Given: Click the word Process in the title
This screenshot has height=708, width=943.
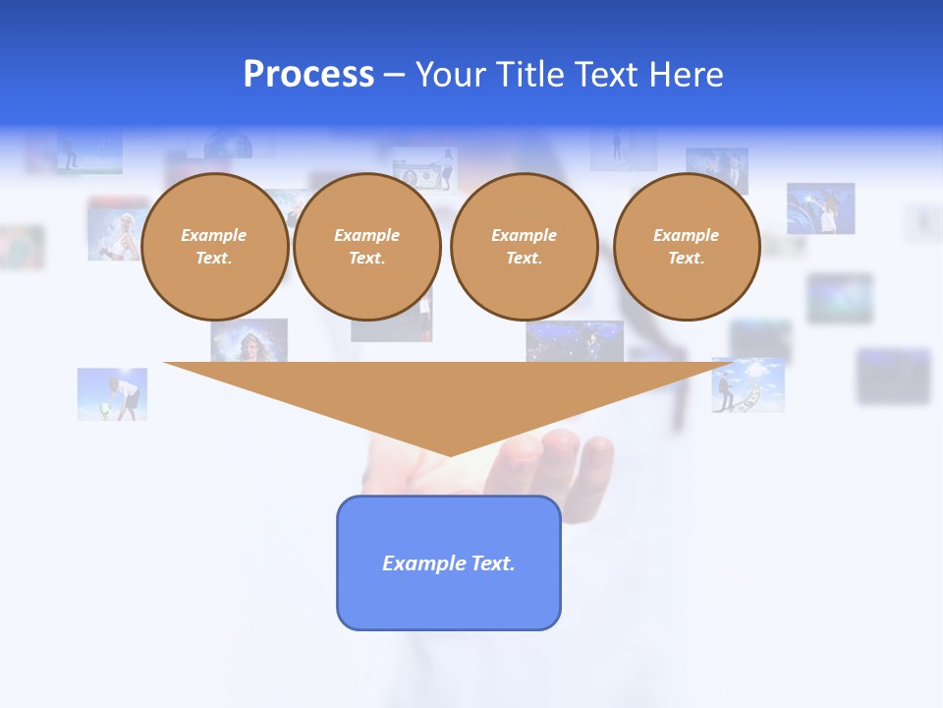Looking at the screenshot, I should coord(308,75).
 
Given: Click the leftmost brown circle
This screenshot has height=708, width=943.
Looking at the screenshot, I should coord(214,247).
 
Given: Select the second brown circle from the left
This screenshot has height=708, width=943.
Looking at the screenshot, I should coord(366,247).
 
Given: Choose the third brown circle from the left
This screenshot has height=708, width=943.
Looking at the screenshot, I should coord(524,247).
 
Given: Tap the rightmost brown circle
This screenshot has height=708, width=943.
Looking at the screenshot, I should coord(686,247).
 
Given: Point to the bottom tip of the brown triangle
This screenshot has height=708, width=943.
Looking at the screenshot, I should coord(450,454).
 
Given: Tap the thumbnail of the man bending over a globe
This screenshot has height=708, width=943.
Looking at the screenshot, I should coord(112,394).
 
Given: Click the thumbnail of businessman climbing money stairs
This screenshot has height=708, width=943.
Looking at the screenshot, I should coord(748,384).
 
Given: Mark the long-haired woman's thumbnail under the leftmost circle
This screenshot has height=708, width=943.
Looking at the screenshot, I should coord(250,340).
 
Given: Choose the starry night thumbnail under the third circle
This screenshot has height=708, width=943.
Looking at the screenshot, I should coord(575,340).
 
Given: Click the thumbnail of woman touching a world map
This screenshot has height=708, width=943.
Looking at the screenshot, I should coord(820,208).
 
